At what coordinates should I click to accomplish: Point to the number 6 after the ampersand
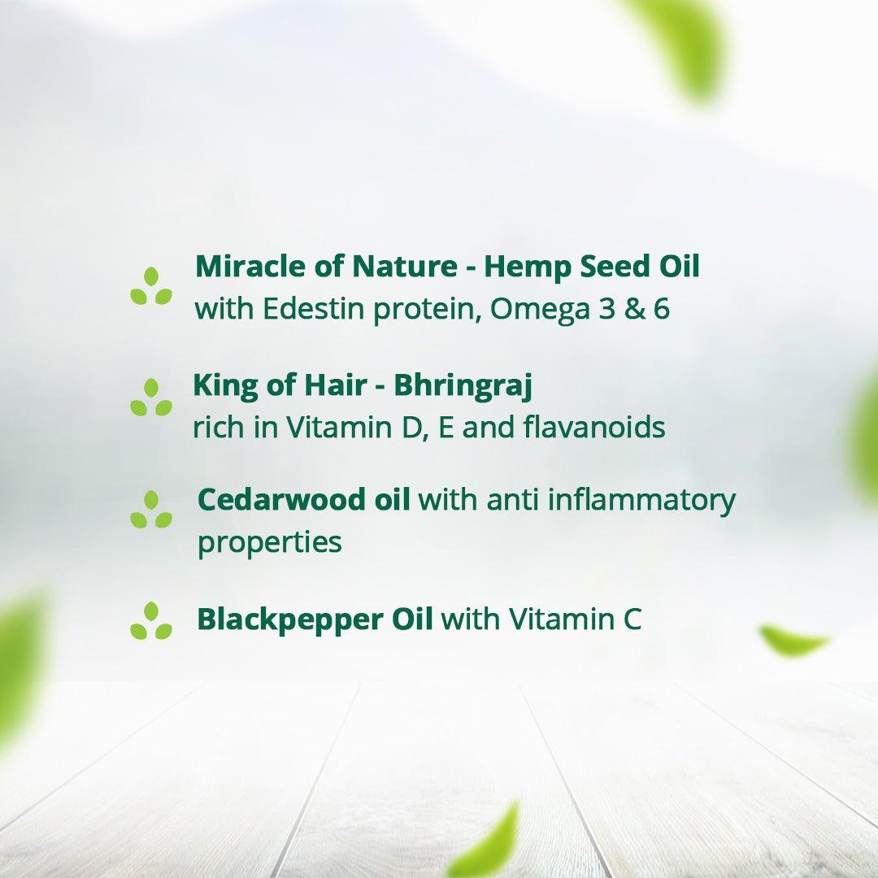coord(660,309)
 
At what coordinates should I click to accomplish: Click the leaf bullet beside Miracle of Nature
coord(151,286)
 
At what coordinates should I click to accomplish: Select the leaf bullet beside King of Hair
coord(151,398)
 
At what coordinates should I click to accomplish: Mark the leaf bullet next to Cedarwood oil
coord(151,510)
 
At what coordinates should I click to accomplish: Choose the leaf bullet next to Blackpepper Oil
coord(151,621)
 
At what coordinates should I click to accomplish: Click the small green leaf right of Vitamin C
coord(793,641)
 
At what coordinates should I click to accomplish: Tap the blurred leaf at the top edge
coord(683,41)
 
